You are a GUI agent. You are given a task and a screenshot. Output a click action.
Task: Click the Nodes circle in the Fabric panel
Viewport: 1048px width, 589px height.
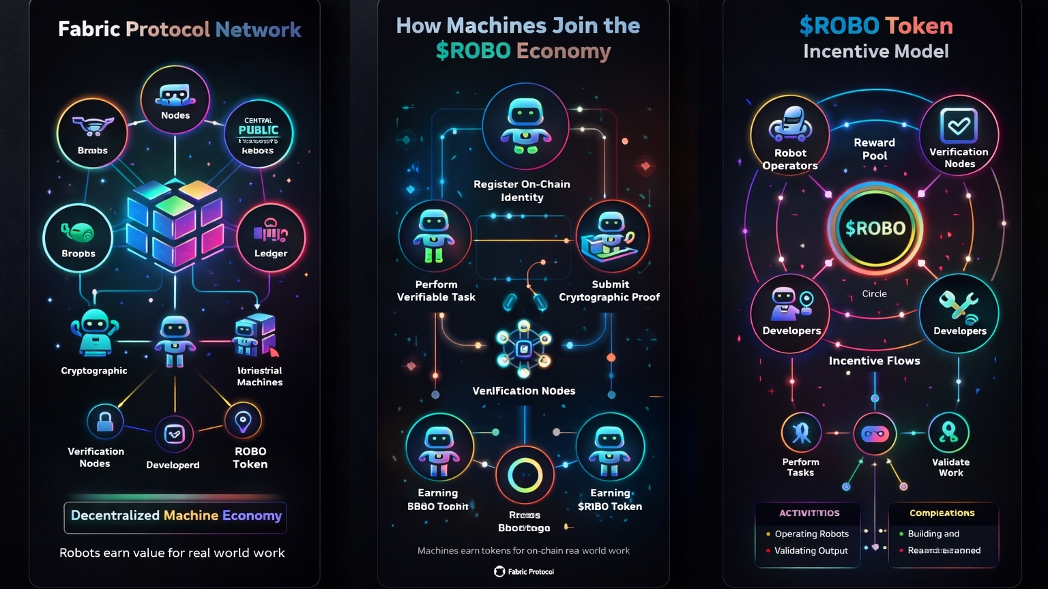tap(175, 100)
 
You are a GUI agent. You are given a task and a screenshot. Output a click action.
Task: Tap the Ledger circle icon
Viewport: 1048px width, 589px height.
tap(271, 238)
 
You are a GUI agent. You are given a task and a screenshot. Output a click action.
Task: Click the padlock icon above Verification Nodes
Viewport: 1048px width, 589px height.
tap(105, 422)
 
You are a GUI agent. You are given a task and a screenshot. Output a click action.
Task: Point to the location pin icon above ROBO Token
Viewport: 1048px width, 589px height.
tap(242, 421)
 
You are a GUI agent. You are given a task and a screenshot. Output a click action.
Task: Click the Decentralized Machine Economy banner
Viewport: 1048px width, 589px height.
tap(175, 516)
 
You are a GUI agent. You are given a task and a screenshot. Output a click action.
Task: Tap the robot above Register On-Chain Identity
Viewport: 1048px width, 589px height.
tap(525, 125)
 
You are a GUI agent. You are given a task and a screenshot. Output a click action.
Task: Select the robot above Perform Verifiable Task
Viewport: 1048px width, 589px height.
tap(434, 236)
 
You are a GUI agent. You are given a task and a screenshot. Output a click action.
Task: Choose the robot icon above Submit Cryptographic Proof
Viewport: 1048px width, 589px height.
tap(611, 235)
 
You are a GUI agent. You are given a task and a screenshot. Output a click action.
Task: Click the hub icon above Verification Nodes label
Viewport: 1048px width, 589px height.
tap(523, 349)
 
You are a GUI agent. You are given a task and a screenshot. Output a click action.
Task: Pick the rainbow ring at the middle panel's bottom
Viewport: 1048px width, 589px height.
tap(524, 475)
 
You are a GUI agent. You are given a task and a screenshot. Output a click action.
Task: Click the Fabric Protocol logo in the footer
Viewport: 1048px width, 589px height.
tap(499, 571)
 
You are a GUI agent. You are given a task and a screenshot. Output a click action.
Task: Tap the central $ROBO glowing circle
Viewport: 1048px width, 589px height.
tap(875, 228)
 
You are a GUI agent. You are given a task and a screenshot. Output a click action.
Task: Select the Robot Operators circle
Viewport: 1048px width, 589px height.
tap(789, 135)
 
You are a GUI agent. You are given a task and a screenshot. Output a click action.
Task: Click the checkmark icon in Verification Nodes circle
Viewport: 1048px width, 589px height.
tap(959, 125)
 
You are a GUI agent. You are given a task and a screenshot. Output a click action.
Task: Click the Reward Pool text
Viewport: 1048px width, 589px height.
tap(874, 149)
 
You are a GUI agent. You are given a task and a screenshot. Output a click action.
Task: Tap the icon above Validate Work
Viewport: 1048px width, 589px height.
tap(948, 432)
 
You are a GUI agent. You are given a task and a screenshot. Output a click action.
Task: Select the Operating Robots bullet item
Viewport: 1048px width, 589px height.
tap(811, 534)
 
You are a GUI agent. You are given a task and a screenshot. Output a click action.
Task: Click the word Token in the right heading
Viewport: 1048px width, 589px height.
tap(919, 26)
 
